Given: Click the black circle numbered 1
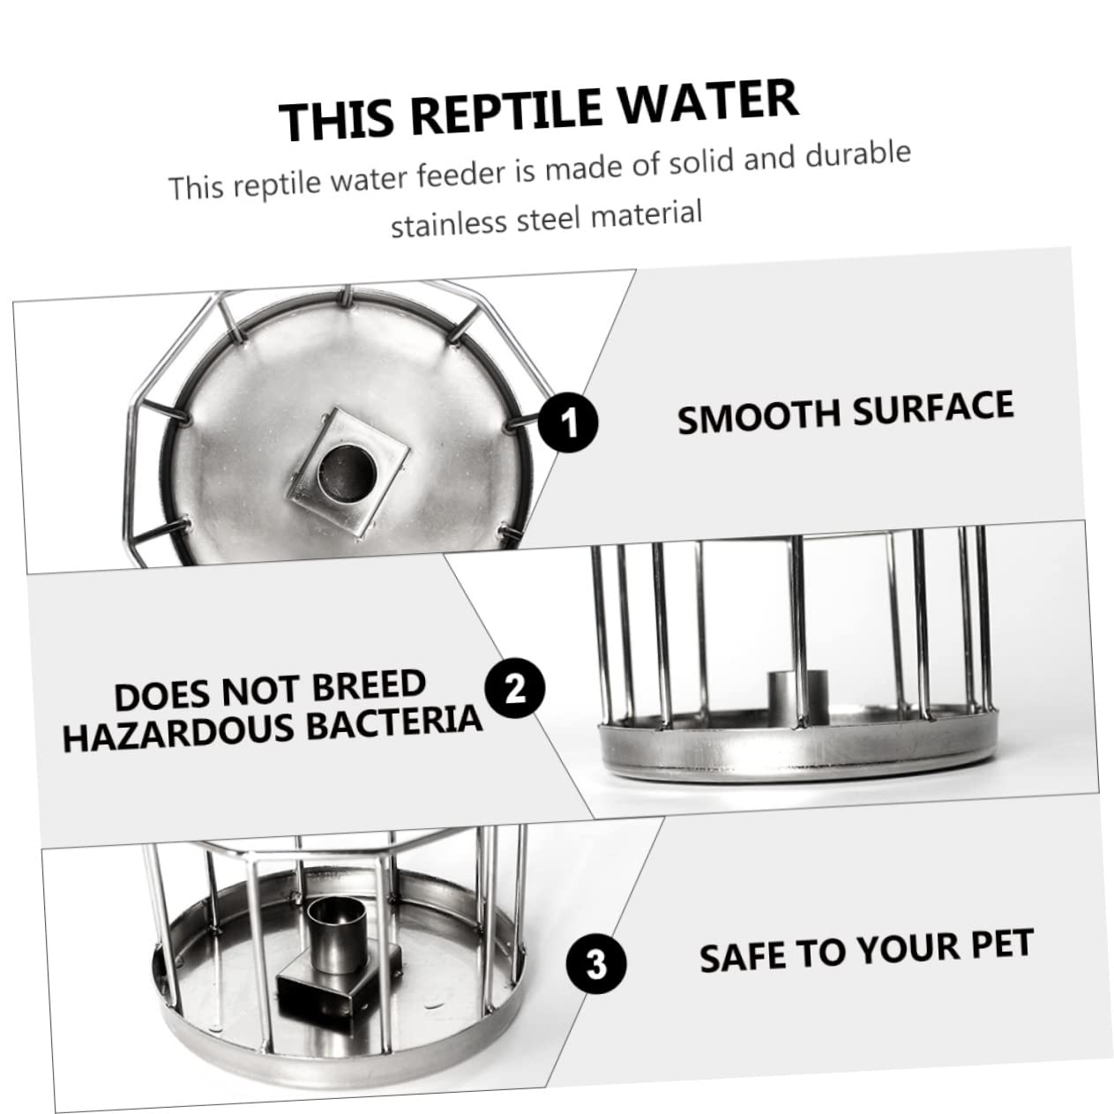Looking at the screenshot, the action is click(568, 422).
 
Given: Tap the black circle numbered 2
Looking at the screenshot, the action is click(515, 688).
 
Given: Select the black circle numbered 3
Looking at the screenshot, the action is click(596, 964).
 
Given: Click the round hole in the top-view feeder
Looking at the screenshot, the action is click(348, 474).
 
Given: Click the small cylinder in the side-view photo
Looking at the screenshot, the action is click(797, 699).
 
